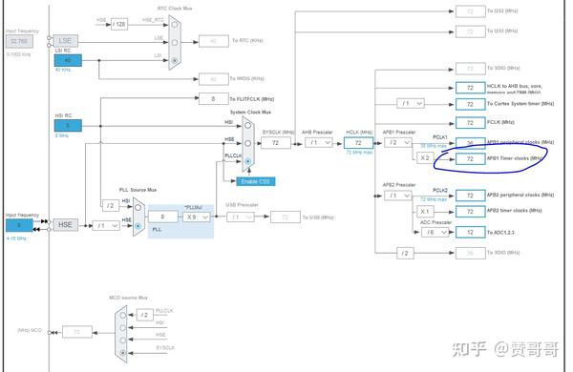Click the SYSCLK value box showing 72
[x=276, y=142]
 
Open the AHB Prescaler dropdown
[x=318, y=142]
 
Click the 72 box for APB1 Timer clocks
[x=470, y=158]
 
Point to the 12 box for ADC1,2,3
[x=470, y=232]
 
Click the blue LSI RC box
[x=68, y=60]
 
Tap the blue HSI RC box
[x=68, y=124]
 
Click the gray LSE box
[x=66, y=41]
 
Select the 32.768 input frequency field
[x=22, y=41]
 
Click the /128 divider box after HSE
[x=118, y=22]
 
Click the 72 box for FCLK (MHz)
[x=470, y=122]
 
